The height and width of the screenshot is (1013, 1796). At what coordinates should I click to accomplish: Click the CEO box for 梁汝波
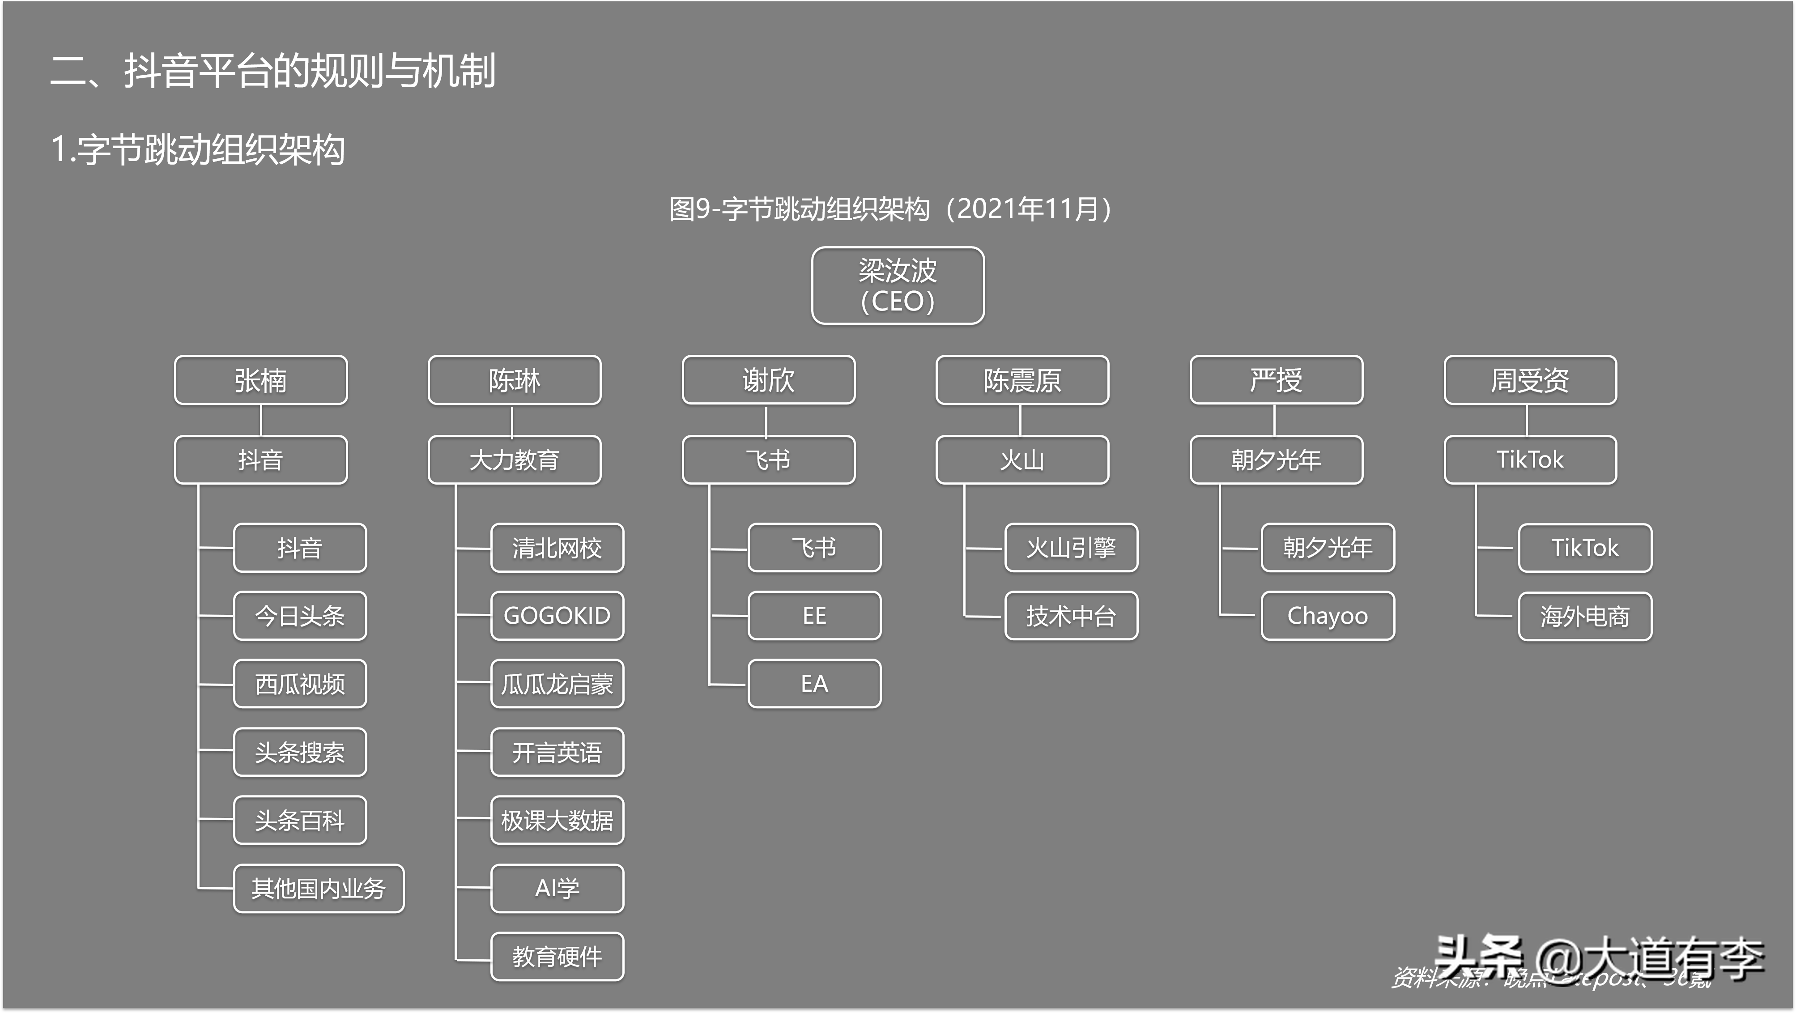tap(898, 286)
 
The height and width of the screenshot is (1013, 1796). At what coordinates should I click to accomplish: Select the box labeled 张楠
tap(261, 380)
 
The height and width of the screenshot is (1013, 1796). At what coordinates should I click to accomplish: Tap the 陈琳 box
tap(515, 380)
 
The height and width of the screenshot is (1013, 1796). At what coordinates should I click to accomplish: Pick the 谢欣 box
tap(768, 380)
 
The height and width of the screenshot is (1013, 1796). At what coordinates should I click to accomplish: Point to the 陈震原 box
tap(1022, 380)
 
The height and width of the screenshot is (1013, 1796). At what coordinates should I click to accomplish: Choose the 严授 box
tap(1276, 380)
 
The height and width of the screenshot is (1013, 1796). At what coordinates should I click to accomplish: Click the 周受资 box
tap(1530, 380)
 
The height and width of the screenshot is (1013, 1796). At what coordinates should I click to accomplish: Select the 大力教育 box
tap(515, 460)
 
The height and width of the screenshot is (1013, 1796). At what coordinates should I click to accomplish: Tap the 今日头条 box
tap(300, 616)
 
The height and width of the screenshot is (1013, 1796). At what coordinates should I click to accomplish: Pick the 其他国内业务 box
tap(319, 888)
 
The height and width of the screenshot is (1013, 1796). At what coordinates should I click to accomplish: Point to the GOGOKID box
tap(557, 616)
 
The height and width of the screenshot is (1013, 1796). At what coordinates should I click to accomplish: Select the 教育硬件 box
tap(557, 957)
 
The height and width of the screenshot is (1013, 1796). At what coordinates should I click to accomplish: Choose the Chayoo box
tap(1328, 616)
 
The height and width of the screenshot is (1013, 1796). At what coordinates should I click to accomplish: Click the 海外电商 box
tap(1585, 616)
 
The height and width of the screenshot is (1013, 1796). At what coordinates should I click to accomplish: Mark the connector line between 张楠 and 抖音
tap(261, 421)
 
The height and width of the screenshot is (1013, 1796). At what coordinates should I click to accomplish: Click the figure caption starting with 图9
tap(890, 209)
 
